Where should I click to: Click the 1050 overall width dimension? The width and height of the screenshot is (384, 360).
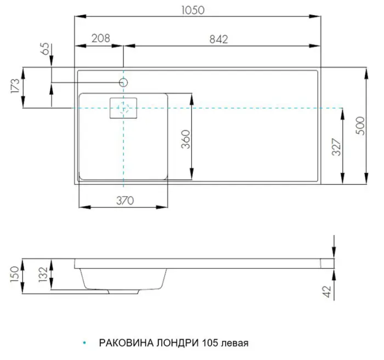195,10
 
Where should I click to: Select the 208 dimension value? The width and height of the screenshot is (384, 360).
99,38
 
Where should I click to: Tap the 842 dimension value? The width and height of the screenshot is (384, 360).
217,38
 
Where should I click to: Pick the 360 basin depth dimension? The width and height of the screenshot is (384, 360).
185,139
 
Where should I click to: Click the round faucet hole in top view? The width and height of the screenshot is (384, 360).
123,82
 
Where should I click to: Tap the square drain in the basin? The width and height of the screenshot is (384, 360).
124,108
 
